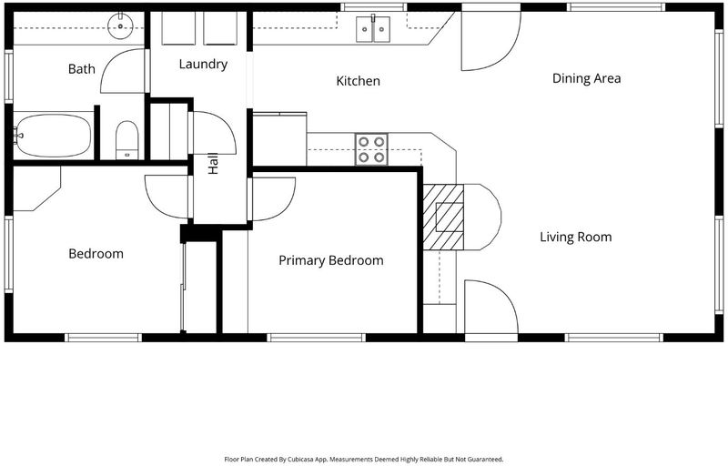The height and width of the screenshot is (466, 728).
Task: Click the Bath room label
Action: [81, 69]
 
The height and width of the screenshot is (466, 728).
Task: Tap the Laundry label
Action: [203, 64]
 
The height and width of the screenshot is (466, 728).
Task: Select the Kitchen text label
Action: [358, 81]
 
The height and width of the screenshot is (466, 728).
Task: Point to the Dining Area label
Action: [586, 78]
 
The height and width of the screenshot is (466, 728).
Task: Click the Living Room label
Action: [576, 238]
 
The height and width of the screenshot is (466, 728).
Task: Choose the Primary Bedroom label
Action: [331, 260]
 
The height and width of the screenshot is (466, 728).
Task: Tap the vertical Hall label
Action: [213, 164]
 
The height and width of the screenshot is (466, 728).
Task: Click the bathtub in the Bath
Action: [53, 136]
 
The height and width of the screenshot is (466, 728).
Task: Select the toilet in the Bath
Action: [126, 140]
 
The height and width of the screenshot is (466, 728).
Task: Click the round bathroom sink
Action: [121, 26]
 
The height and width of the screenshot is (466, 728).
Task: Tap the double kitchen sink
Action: [373, 29]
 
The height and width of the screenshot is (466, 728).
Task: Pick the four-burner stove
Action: [371, 149]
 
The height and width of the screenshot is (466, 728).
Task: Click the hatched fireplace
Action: [443, 218]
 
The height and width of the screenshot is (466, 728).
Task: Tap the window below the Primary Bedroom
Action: [317, 338]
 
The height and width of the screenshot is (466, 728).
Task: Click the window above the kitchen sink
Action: [373, 7]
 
